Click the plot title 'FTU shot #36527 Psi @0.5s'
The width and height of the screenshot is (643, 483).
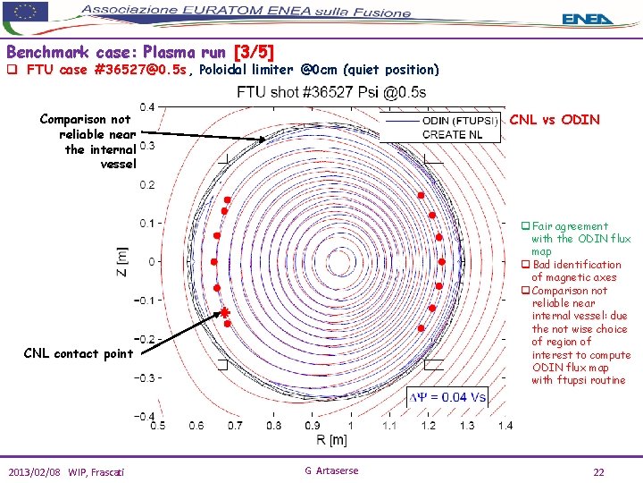click(x=331, y=92)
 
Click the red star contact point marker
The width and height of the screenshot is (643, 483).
click(x=226, y=312)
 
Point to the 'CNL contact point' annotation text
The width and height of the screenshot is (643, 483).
click(x=79, y=353)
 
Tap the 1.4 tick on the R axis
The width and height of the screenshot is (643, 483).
click(x=505, y=426)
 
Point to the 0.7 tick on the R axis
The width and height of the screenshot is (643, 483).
click(x=234, y=426)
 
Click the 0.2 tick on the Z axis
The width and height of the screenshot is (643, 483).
click(x=146, y=184)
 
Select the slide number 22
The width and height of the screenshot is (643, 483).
click(x=599, y=471)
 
